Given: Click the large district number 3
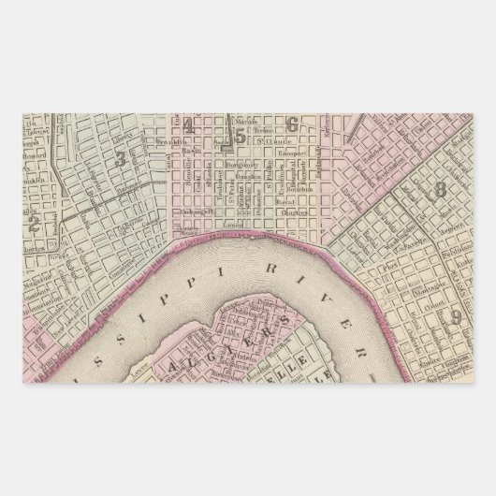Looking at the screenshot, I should tap(120, 158).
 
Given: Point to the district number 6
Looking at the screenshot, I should tap(293, 124).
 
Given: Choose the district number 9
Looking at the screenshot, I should tap(457, 314).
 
